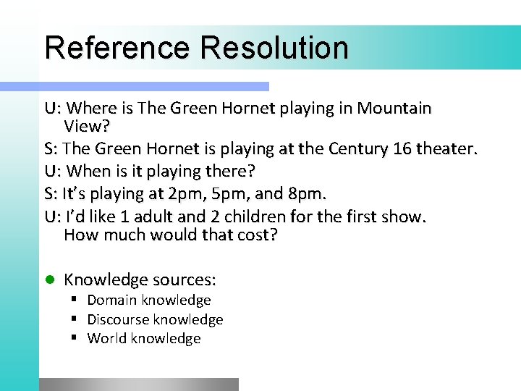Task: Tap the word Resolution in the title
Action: pyautogui.click(x=275, y=48)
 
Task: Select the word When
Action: pyautogui.click(x=90, y=172)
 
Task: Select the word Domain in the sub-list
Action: pyautogui.click(x=112, y=300)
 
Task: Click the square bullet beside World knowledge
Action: pyautogui.click(x=75, y=338)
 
